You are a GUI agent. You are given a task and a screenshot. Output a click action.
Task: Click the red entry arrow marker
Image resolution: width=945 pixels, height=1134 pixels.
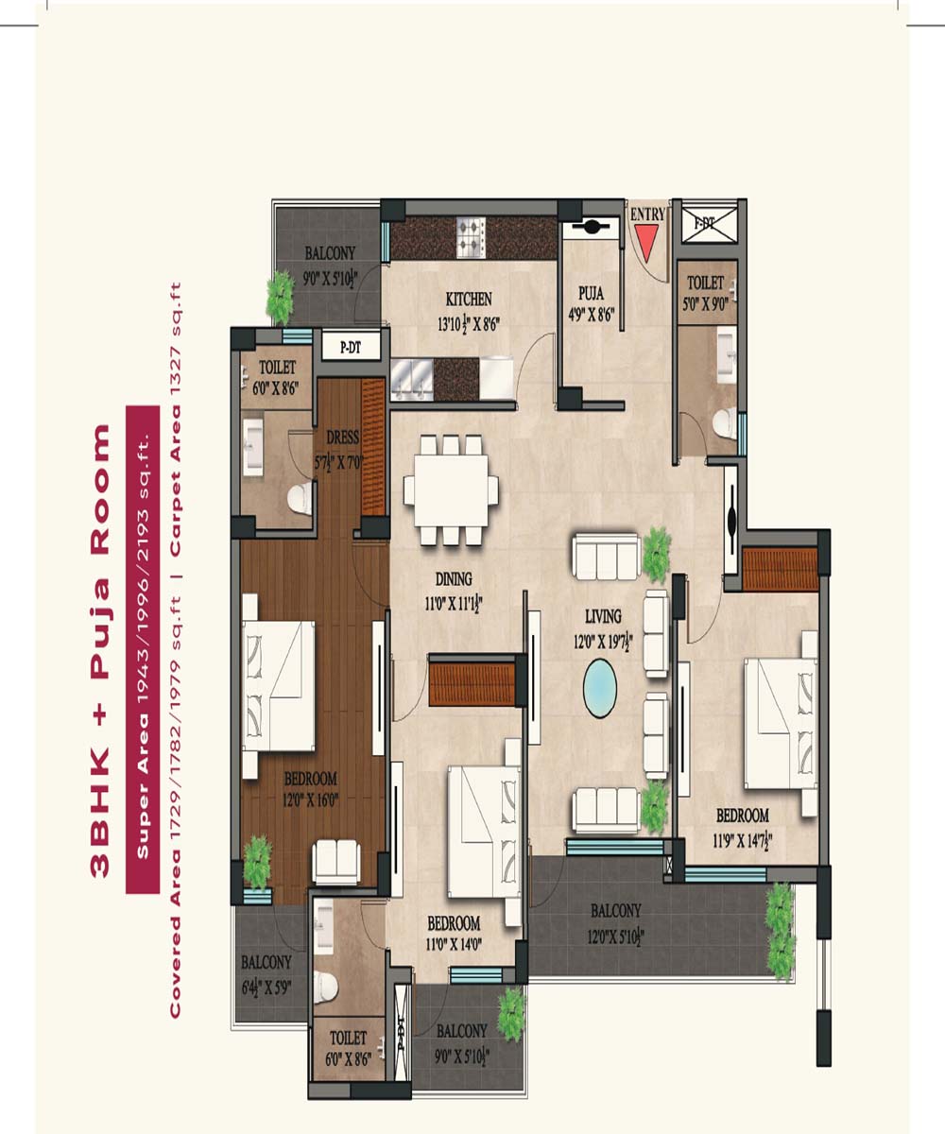[x=646, y=242]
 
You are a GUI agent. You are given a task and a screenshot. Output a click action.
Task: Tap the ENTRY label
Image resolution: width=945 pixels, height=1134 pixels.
[x=647, y=214]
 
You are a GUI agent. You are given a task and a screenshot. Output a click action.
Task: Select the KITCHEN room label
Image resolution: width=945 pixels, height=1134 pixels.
[x=469, y=299]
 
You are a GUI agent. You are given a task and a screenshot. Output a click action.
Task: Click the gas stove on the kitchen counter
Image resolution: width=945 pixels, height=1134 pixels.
[x=471, y=237]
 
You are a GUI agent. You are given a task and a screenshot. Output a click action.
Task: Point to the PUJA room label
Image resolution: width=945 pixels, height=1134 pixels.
[x=591, y=294]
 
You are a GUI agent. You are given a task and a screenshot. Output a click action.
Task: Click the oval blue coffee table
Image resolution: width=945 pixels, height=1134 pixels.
[x=600, y=688]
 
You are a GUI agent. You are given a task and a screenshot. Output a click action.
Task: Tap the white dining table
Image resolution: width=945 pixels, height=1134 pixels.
[x=451, y=490]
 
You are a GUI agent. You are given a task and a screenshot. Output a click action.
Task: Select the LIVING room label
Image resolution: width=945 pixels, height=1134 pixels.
[x=604, y=616]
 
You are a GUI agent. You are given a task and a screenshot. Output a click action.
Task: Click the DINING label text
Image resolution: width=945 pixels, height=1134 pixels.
[x=454, y=579]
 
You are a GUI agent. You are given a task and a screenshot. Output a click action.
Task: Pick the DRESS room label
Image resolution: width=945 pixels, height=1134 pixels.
[x=343, y=437]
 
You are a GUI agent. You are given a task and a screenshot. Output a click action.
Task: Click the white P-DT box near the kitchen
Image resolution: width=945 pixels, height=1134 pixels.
[x=351, y=347]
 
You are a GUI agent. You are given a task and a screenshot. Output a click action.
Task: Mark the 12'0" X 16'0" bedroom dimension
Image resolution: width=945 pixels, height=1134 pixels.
[x=311, y=799]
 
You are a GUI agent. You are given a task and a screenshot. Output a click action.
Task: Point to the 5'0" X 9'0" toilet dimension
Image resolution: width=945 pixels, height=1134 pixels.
[x=706, y=303]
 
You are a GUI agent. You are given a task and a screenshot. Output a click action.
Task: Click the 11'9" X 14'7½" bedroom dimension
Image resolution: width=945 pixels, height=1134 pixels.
[x=743, y=841]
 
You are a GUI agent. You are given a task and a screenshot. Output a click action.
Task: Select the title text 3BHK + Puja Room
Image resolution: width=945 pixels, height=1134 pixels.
[x=100, y=651]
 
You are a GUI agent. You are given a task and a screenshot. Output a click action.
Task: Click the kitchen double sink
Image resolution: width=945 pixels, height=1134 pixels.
[x=412, y=379]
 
